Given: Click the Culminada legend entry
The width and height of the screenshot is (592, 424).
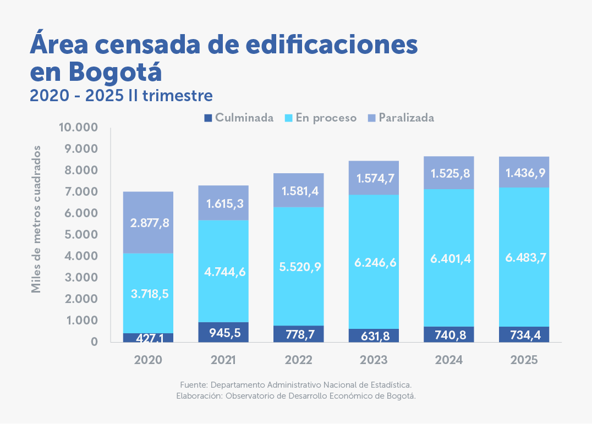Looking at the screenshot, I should (x=239, y=118).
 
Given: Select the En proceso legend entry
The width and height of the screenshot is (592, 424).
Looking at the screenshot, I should (x=321, y=118).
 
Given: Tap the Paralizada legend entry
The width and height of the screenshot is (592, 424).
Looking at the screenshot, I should (x=401, y=118).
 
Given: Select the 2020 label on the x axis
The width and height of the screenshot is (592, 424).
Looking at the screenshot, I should (x=148, y=360).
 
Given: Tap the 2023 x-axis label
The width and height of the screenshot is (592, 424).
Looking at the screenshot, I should (x=374, y=360).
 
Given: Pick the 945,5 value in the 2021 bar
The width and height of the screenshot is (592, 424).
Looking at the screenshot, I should (x=223, y=332).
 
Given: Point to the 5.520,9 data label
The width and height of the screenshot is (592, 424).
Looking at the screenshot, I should (x=299, y=267).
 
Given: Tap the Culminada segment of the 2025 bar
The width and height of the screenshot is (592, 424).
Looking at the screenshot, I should (x=524, y=335).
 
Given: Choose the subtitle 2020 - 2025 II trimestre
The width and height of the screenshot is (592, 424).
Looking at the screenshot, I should (x=121, y=96).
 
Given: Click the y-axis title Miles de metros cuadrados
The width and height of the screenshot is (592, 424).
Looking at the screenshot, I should (x=36, y=219).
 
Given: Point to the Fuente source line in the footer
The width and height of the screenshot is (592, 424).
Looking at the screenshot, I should (x=295, y=384).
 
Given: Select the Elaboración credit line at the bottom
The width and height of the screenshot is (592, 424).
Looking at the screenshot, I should (x=295, y=395).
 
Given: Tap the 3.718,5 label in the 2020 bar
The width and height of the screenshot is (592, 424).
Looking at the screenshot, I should (x=149, y=294).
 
